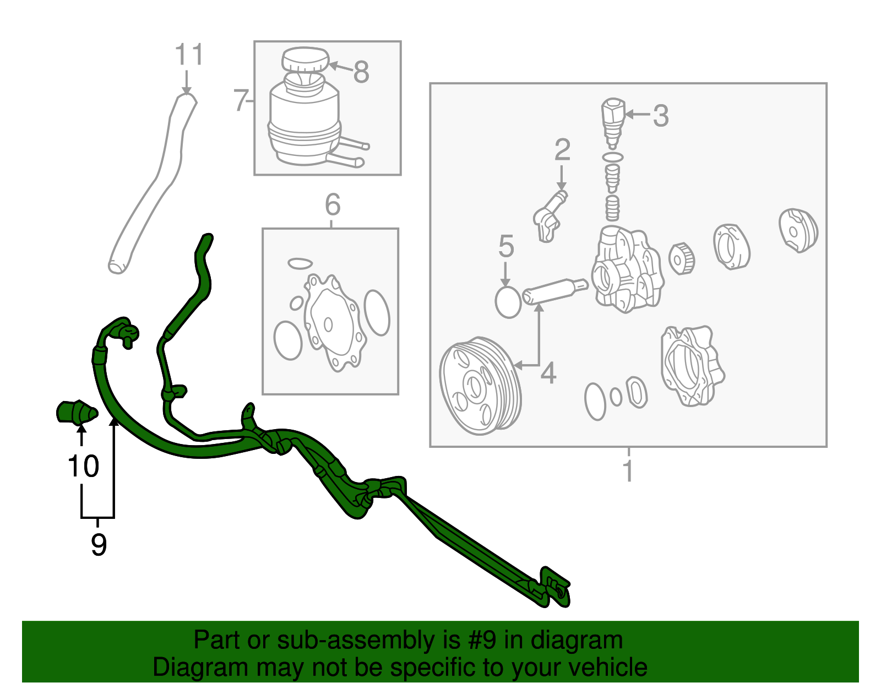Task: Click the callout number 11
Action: (189, 55)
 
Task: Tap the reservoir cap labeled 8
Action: (304, 59)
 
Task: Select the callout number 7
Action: (241, 101)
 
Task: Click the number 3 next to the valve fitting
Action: (660, 116)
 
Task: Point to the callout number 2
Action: (562, 150)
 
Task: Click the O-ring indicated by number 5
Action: (508, 302)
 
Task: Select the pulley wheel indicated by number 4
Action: (479, 386)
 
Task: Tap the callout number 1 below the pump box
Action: (628, 472)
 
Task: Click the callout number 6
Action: (332, 205)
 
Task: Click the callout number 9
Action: (99, 545)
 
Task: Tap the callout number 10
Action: (83, 467)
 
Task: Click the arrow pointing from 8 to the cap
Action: (339, 67)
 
